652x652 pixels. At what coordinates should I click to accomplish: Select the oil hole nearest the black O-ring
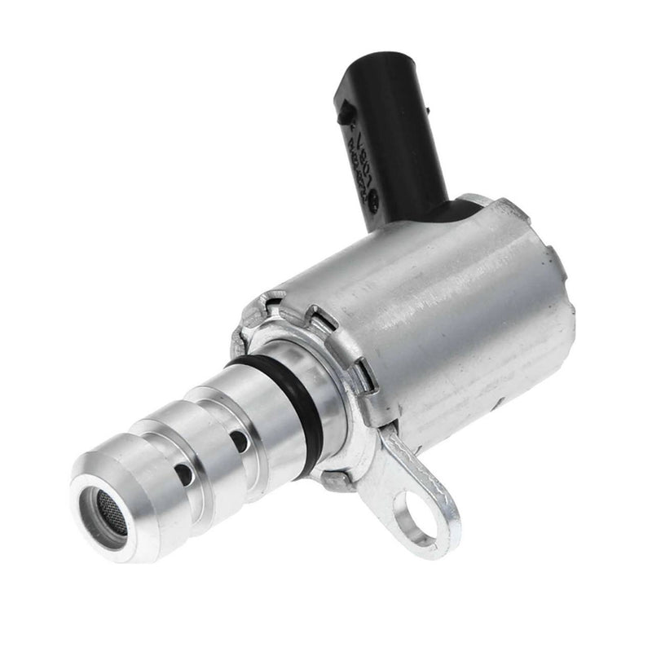coord(240,441)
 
